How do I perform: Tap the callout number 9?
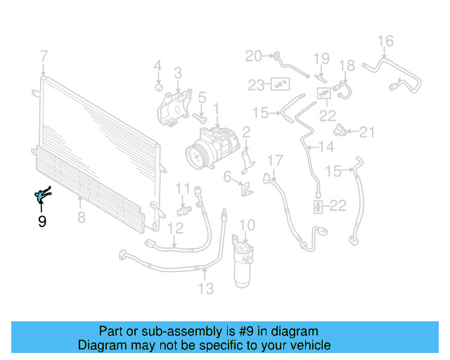pos(42,222)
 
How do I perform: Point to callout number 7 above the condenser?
pos(44,56)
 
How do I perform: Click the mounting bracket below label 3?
pos(172,105)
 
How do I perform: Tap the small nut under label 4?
pos(159,86)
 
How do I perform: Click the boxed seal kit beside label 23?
pos(281,85)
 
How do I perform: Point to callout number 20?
pos(252,56)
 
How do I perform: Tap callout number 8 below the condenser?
pos(81,218)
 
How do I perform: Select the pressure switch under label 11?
pos(184,210)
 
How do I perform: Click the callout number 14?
pos(326,146)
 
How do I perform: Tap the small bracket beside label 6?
pos(247,188)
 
